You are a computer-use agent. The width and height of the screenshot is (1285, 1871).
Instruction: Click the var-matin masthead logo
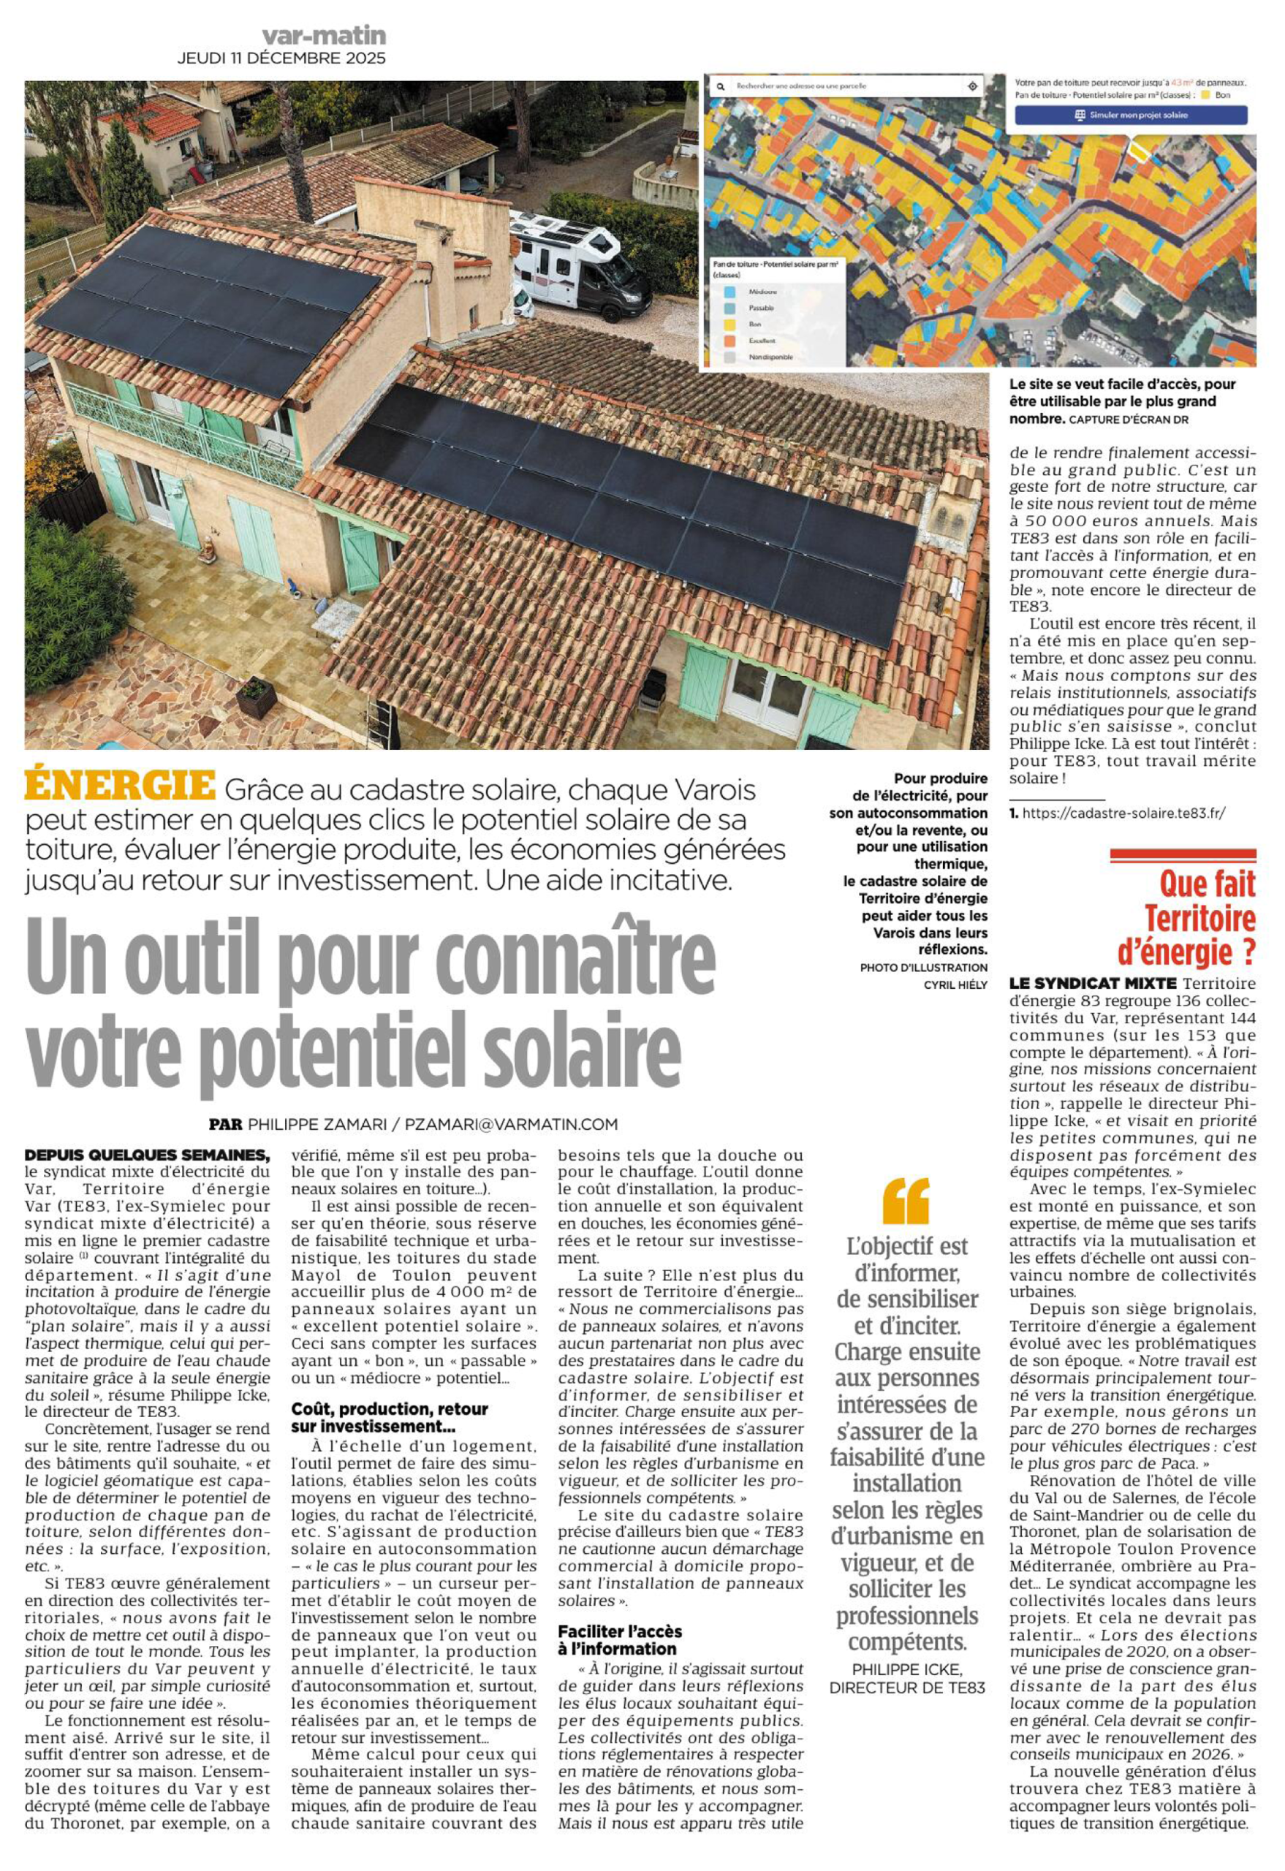click(324, 35)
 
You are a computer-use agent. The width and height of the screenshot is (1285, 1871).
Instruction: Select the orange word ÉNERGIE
click(120, 786)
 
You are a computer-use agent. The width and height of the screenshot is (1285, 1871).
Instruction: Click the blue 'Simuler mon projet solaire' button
click(1131, 115)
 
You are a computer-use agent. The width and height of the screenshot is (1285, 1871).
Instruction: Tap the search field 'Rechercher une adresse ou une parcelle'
click(838, 86)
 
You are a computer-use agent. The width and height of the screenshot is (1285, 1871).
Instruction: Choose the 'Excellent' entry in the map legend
click(761, 341)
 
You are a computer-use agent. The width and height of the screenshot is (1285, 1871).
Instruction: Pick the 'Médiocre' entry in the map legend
click(762, 292)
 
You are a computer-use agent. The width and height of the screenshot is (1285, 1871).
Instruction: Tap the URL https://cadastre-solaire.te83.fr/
click(1123, 813)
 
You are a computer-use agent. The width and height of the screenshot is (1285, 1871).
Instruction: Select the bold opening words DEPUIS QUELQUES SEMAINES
click(146, 1155)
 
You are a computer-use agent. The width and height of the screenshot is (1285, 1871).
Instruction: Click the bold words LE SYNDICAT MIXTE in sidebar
click(1093, 984)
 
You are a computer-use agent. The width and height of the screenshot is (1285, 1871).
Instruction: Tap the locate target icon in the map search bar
click(973, 86)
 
